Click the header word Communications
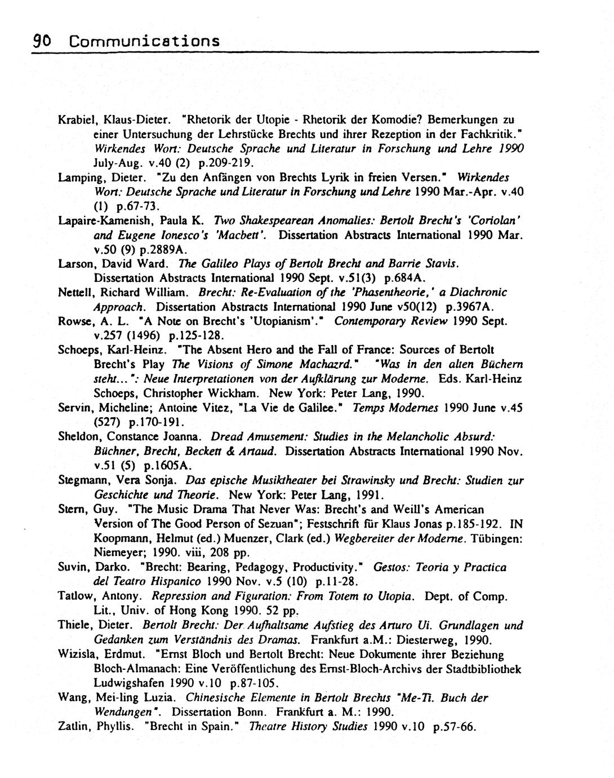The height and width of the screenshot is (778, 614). pyautogui.click(x=144, y=41)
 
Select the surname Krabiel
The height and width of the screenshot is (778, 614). pyautogui.click(x=75, y=120)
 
